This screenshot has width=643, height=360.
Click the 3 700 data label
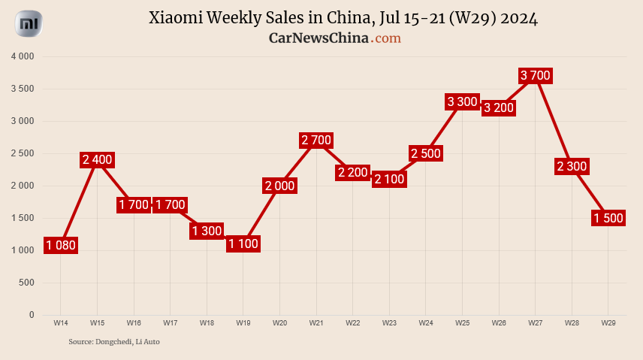(536, 75)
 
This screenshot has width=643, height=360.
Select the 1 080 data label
(61, 245)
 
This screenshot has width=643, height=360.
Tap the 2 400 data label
(97, 159)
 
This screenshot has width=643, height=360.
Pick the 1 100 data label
(243, 244)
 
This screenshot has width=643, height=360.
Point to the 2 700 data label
(316, 140)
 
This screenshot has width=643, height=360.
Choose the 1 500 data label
(608, 218)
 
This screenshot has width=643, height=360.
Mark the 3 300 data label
(462, 101)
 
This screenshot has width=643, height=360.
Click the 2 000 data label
(279, 186)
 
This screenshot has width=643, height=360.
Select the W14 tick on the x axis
(61, 322)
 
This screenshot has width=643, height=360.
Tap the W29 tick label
(608, 322)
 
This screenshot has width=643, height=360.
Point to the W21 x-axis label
(316, 322)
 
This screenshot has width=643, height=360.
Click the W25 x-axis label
(462, 322)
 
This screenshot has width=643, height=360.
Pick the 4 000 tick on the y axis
(23, 56)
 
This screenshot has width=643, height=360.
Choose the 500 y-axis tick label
(27, 283)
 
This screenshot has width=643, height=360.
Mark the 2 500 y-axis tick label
(23, 153)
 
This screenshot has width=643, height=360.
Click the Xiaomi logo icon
(29, 25)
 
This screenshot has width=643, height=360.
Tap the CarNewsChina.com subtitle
(335, 38)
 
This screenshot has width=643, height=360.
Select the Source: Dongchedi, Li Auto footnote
(114, 342)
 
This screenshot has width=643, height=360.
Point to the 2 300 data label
(572, 166)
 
